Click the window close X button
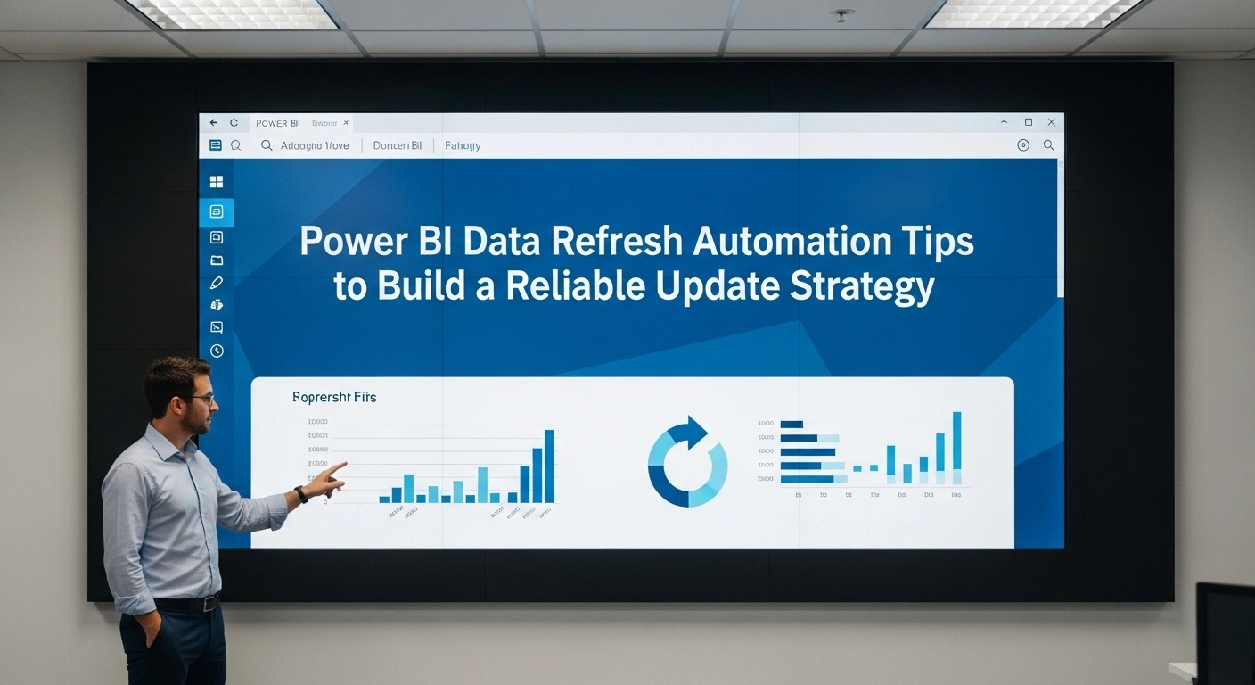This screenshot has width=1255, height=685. tap(1051, 122)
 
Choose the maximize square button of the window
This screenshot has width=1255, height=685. tap(1028, 122)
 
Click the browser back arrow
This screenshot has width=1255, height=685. tap(213, 123)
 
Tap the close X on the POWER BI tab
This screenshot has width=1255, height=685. tap(346, 123)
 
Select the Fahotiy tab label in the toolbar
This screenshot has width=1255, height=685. tap(463, 145)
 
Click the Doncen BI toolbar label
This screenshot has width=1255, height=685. tap(398, 145)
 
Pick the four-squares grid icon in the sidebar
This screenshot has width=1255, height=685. tap(216, 182)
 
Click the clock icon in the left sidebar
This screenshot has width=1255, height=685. tap(216, 351)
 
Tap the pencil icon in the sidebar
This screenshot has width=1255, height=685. tap(216, 283)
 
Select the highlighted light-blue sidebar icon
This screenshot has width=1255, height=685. tap(216, 212)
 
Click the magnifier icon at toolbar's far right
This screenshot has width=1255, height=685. tap(1048, 145)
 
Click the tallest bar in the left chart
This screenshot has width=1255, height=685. tap(549, 466)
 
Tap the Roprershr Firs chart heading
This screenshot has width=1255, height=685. tap(334, 397)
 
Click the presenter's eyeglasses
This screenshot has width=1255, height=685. tap(201, 400)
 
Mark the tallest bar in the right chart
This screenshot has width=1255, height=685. tap(956, 441)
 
